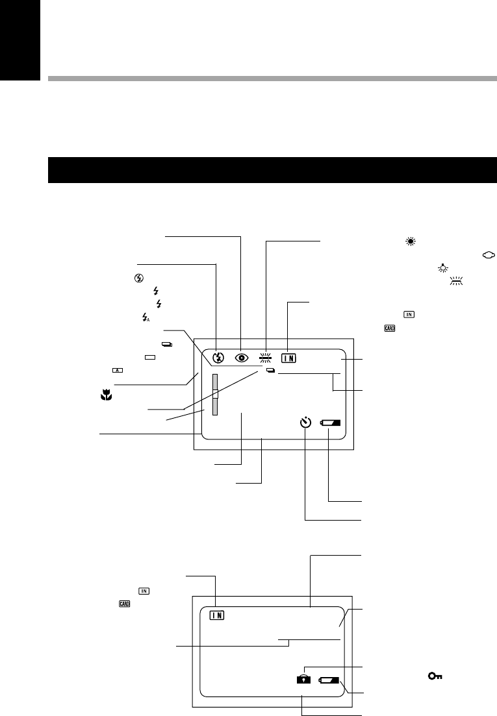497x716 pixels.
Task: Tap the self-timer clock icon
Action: (307, 423)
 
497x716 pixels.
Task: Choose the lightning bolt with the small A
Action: (145, 317)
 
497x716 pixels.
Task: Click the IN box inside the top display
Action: (290, 357)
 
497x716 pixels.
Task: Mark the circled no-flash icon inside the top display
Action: (217, 357)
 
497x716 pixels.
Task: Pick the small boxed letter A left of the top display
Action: (118, 369)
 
